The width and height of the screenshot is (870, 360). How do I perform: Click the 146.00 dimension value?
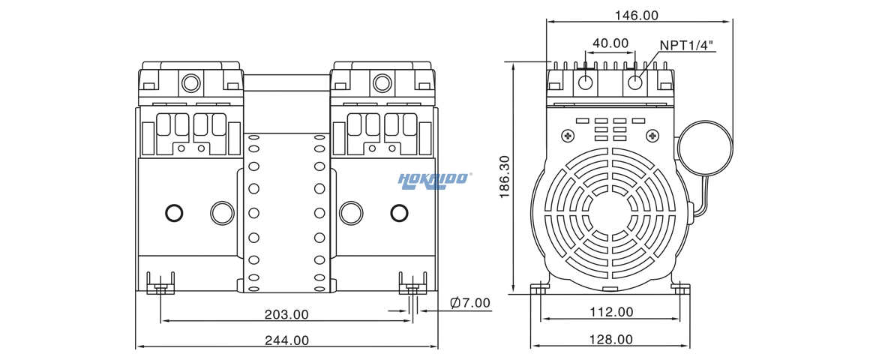(636, 15)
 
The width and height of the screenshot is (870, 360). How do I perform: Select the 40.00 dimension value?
(610, 43)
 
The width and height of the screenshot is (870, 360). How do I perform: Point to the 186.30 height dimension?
(504, 177)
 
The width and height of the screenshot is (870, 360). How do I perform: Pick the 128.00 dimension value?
(610, 340)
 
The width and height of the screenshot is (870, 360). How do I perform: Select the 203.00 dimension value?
(286, 314)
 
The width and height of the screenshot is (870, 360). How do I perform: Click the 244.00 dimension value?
(286, 340)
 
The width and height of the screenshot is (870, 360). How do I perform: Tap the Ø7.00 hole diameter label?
(469, 303)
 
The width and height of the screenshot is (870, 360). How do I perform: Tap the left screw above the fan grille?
(567, 136)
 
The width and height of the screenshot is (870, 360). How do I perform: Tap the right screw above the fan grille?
(653, 136)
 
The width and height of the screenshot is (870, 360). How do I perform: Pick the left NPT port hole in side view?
(586, 81)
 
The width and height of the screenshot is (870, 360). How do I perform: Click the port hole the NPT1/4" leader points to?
(634, 81)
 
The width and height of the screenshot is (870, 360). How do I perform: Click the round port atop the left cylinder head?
(190, 80)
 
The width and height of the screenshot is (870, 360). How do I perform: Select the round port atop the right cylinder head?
(382, 80)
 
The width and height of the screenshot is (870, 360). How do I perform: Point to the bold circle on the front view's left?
(173, 213)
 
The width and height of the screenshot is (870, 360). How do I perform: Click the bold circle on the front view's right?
(399, 213)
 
